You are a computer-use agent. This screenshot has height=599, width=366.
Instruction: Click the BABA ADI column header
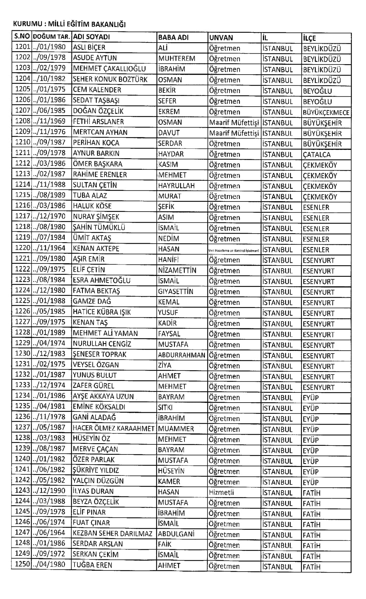click(x=173, y=37)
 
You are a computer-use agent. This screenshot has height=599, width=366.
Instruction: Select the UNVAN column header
click(x=221, y=37)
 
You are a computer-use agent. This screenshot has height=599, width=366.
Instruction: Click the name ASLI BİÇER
click(x=89, y=48)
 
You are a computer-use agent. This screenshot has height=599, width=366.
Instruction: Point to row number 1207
click(x=22, y=111)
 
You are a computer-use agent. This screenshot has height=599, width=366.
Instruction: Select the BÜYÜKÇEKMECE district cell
click(x=326, y=112)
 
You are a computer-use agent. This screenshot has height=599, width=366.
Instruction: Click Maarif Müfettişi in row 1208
click(x=234, y=123)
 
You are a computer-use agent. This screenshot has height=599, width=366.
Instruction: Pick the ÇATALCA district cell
click(x=317, y=155)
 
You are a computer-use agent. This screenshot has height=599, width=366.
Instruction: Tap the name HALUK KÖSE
click(x=92, y=206)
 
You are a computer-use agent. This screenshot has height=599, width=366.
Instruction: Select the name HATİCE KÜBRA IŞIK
click(x=102, y=312)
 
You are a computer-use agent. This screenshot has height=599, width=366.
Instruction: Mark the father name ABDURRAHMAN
click(x=182, y=355)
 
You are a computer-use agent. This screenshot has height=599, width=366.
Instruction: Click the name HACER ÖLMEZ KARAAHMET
click(x=113, y=429)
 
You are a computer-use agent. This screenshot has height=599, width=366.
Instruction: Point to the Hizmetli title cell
click(x=221, y=492)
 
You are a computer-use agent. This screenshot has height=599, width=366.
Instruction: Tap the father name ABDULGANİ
click(x=176, y=534)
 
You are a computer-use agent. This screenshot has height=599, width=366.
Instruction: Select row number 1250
click(x=22, y=564)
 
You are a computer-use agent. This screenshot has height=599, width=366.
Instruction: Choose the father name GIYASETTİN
click(x=175, y=291)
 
